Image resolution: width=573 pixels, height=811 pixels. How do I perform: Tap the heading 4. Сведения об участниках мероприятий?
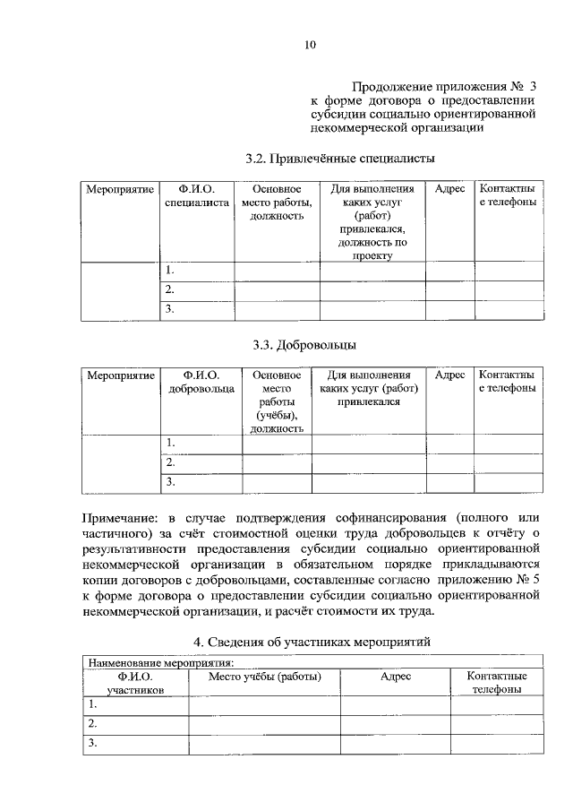[312, 642]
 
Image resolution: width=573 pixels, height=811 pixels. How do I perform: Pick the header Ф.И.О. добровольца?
[201, 382]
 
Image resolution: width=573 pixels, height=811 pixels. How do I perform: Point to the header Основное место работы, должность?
[278, 203]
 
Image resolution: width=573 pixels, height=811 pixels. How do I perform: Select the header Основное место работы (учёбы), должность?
[277, 401]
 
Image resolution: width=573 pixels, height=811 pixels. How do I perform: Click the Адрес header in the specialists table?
[449, 190]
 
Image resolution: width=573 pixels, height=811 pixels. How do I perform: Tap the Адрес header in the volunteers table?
[449, 375]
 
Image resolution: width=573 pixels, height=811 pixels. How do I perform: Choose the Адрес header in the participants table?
[395, 677]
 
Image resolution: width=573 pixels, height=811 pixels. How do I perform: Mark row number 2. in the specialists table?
[169, 289]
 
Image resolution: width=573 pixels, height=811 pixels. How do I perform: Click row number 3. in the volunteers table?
[169, 482]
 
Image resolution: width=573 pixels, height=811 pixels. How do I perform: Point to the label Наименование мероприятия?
[158, 663]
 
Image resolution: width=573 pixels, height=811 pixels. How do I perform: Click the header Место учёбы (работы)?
[264, 677]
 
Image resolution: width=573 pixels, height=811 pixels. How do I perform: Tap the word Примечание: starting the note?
[122, 518]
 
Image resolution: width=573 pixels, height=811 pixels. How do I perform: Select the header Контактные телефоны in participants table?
[496, 683]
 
